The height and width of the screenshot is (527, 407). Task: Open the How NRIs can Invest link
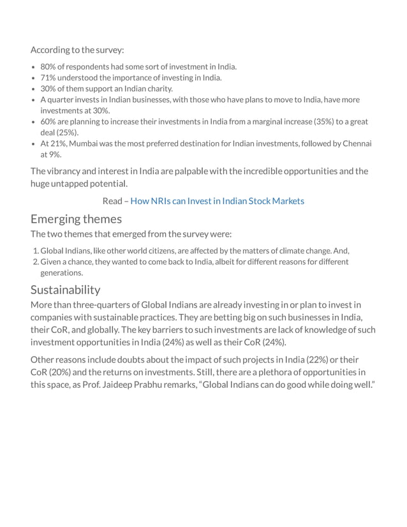click(217, 201)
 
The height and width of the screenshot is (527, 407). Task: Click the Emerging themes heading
click(76, 219)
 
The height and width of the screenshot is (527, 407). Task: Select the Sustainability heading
click(65, 290)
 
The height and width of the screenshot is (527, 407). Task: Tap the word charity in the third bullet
click(159, 89)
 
